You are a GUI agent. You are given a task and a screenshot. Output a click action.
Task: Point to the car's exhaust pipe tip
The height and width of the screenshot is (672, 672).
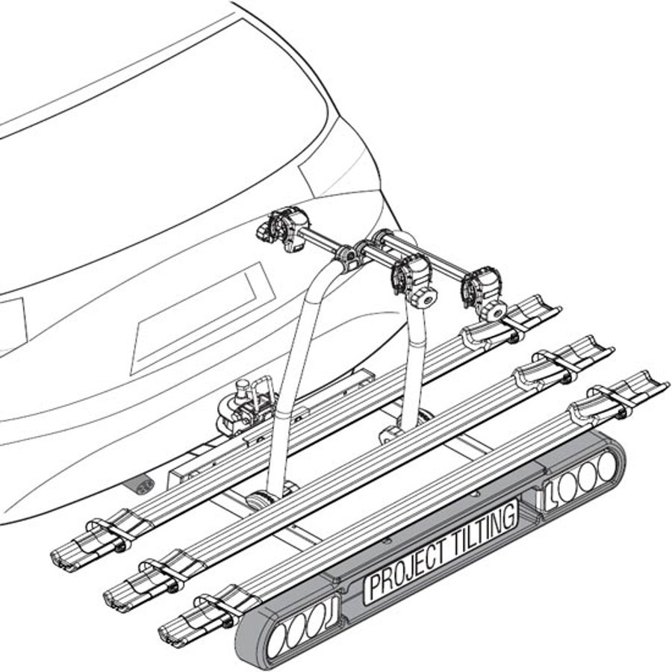pyautogui.click(x=140, y=485)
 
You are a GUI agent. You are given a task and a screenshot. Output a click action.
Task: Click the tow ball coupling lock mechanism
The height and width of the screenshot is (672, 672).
pyautogui.click(x=244, y=407)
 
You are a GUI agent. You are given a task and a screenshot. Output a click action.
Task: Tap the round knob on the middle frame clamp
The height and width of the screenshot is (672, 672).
pyautogui.click(x=423, y=298)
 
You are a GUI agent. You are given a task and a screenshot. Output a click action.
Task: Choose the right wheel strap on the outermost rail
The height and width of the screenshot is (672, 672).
pyautogui.click(x=612, y=400)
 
